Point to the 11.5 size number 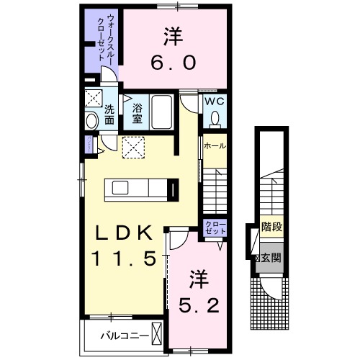(x=123, y=258)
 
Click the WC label (x=215, y=102)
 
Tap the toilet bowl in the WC (x=215, y=118)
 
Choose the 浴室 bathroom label (x=137, y=113)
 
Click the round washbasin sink (x=91, y=122)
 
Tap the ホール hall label (x=215, y=145)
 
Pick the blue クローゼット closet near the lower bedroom (x=215, y=229)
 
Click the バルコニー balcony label (x=123, y=336)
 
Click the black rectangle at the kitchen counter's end (x=173, y=189)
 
